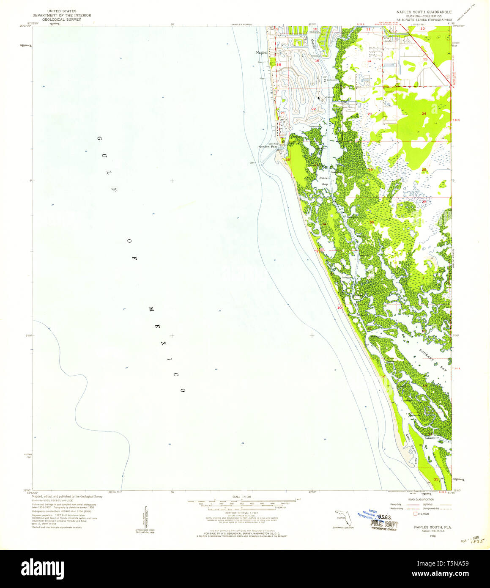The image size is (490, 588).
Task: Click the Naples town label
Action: (x=261, y=53)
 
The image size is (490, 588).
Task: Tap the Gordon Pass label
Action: (x=268, y=147)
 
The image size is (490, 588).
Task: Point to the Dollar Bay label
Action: (x=323, y=181)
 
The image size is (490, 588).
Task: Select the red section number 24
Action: (x=424, y=114)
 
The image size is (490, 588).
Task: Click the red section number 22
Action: (x=313, y=109)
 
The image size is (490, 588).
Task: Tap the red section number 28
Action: (x=287, y=159)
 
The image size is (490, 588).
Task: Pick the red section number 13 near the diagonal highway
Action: (x=425, y=59)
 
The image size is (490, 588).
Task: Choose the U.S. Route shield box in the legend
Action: (x=415, y=514)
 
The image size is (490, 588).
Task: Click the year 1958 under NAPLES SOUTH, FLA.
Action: (x=421, y=536)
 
